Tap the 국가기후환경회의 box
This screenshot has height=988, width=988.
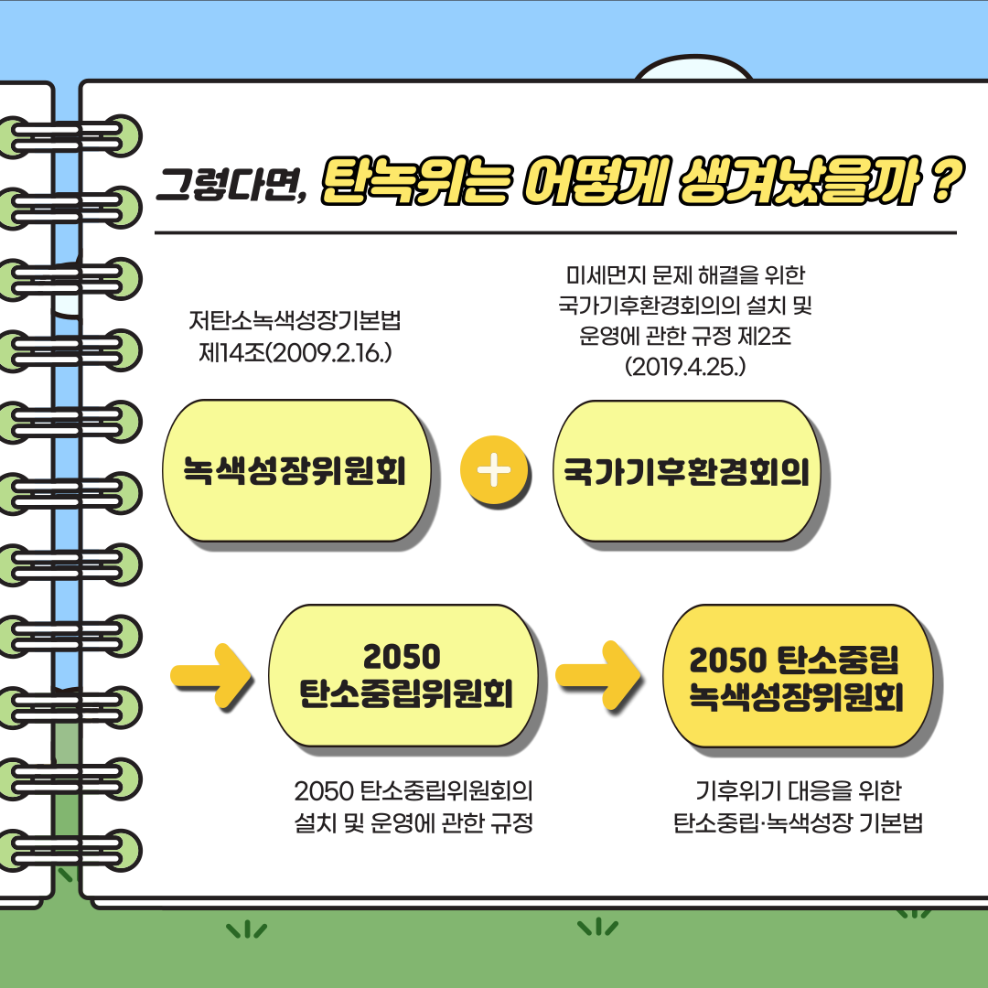point(686,472)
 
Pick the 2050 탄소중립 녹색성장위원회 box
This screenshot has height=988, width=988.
point(796,677)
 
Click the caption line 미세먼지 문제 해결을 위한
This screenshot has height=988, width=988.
point(685,274)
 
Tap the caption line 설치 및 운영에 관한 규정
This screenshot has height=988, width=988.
point(413,822)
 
